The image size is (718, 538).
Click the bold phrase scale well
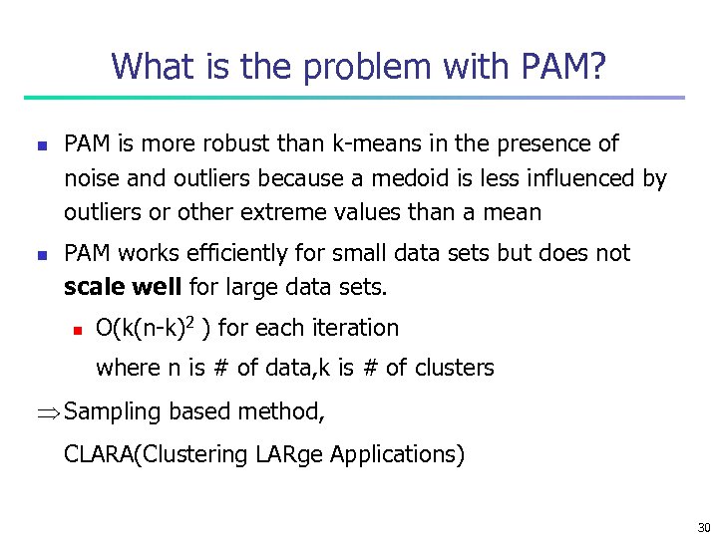pyautogui.click(x=123, y=288)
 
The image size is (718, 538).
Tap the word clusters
pyautogui.click(x=455, y=368)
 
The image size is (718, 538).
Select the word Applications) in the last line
pyautogui.click(x=397, y=454)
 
